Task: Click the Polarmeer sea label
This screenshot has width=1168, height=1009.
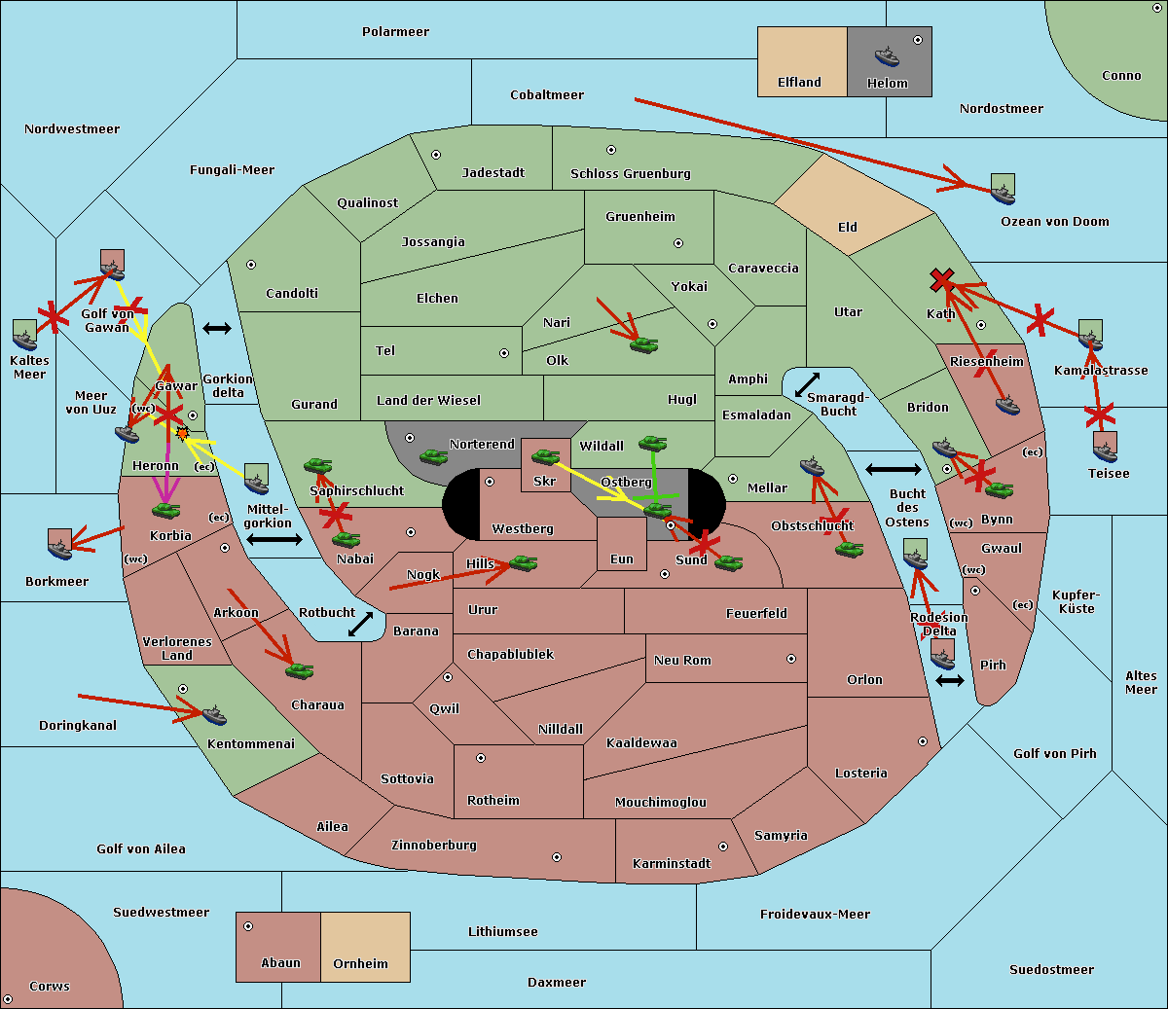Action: pos(395,32)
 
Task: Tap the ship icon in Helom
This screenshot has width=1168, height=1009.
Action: pos(886,55)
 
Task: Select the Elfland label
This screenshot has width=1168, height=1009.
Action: pos(799,83)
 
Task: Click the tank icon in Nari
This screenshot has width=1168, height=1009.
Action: pos(643,344)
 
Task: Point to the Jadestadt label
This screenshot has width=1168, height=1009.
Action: pos(493,173)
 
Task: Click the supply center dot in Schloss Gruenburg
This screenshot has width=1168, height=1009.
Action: pos(611,151)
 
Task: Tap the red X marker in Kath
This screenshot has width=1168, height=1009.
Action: pos(940,280)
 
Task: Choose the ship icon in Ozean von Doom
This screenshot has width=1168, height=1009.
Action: pos(1003,190)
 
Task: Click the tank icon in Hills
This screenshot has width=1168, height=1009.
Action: pos(523,562)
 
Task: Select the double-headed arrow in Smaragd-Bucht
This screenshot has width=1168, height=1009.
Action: pos(808,385)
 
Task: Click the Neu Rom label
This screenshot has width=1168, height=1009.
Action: pos(682,661)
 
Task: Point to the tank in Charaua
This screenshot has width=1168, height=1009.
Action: pos(299,670)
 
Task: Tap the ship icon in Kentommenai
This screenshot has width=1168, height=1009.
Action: pos(213,716)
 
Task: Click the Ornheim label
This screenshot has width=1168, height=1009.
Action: pos(360,964)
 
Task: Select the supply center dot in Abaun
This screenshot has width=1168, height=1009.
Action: pos(248,926)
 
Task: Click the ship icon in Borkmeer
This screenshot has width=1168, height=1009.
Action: pos(60,545)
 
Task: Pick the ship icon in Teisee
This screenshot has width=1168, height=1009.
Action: pos(1105,447)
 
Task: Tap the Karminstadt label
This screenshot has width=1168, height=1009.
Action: pos(672,864)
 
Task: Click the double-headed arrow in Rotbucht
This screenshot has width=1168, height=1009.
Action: pos(361,624)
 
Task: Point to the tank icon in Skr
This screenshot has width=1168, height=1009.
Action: pos(545,456)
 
